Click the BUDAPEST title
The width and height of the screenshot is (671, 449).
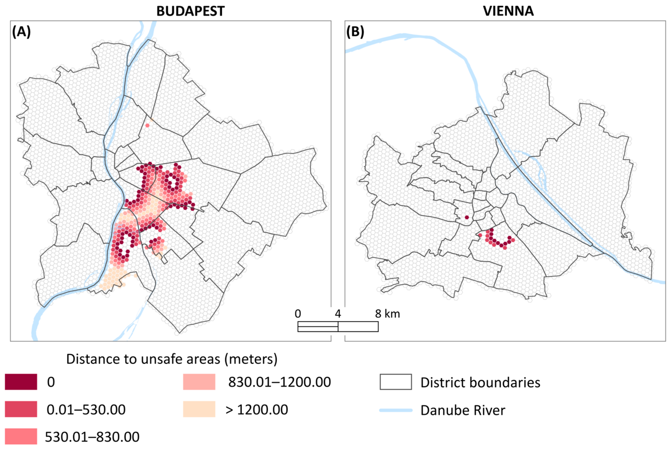(x=190, y=11)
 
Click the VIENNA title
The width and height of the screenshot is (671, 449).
(x=508, y=11)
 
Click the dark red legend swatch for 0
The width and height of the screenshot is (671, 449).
(x=21, y=382)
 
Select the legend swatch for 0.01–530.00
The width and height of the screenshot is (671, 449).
(x=21, y=409)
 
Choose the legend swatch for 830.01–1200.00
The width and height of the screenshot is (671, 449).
(x=199, y=382)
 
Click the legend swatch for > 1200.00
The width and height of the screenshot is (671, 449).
(x=199, y=409)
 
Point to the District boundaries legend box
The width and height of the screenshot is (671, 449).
(x=396, y=382)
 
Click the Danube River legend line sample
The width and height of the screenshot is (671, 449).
(x=396, y=410)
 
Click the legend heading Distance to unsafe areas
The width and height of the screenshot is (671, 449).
(x=172, y=359)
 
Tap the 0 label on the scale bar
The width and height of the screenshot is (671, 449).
(x=298, y=314)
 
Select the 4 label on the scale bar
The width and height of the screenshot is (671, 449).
(x=338, y=314)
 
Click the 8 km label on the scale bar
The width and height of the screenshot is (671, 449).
(x=387, y=314)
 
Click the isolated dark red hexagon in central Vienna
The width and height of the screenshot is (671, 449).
(x=467, y=217)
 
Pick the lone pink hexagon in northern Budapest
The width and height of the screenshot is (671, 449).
(x=147, y=125)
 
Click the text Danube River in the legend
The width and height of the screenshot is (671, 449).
(x=463, y=410)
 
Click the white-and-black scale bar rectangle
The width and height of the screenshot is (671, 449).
(x=338, y=326)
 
